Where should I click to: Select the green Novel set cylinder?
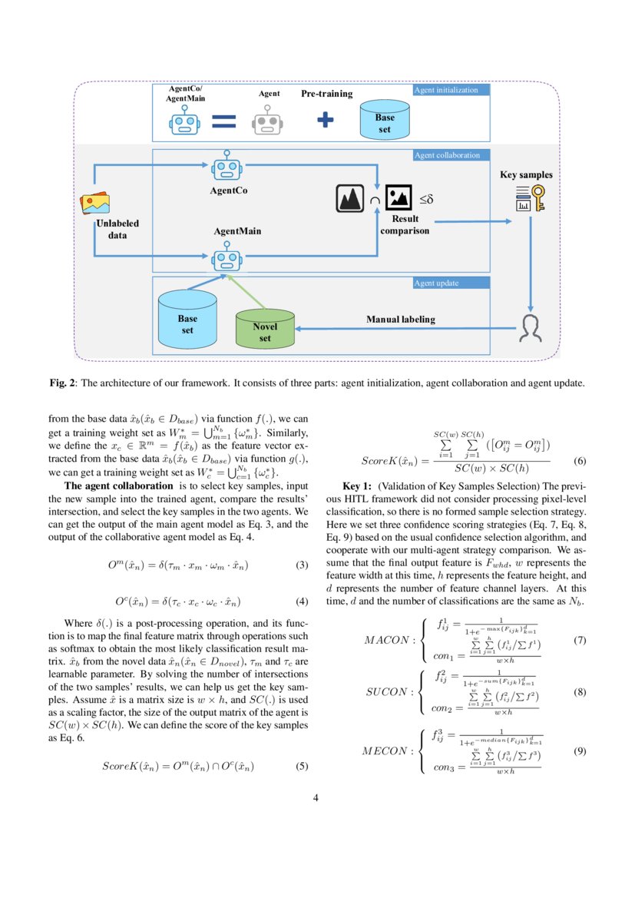pos(265,328)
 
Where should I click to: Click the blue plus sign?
pos(326,120)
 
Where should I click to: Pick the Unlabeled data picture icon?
pos(96,204)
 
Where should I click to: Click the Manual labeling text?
pos(400,319)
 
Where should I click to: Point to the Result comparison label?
pos(405,225)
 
